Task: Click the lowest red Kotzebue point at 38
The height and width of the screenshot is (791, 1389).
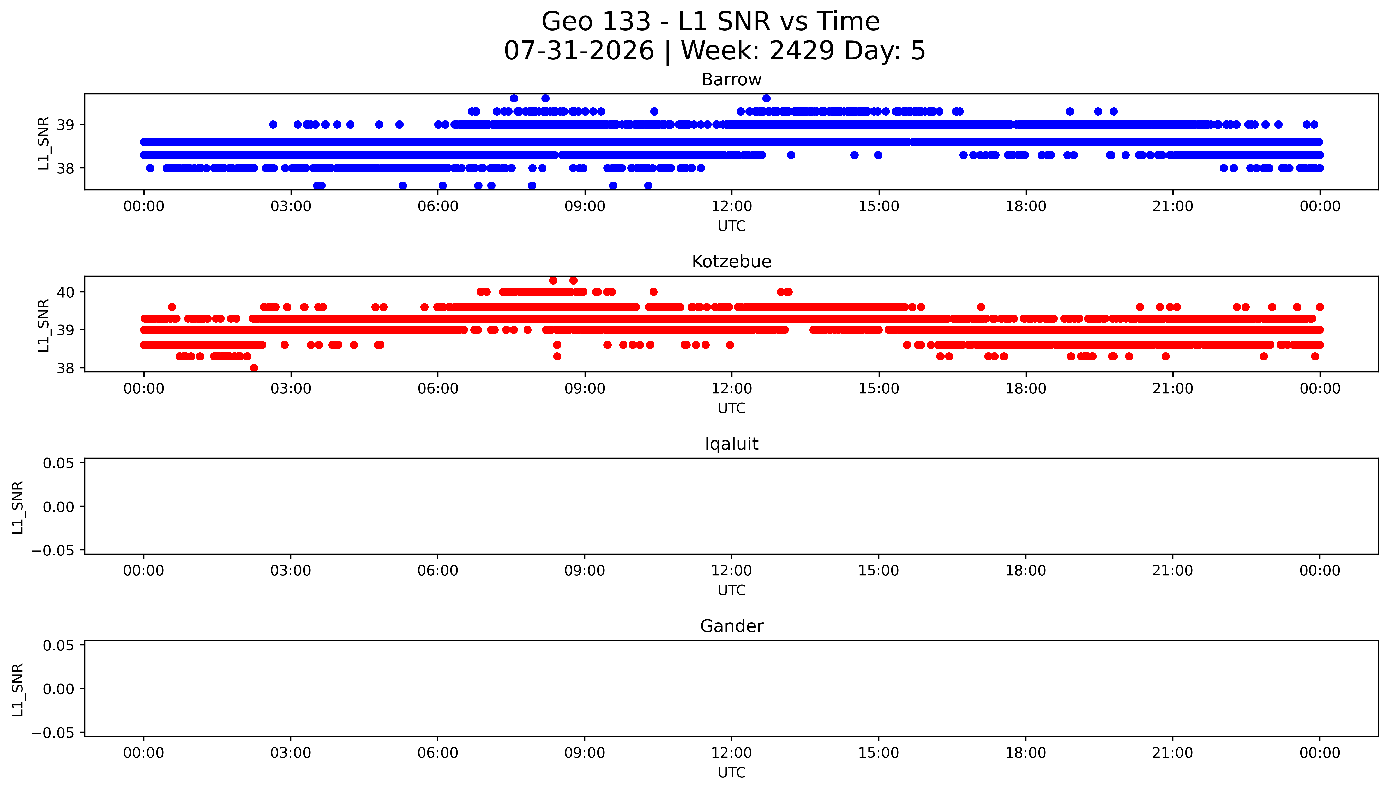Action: [x=254, y=368]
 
